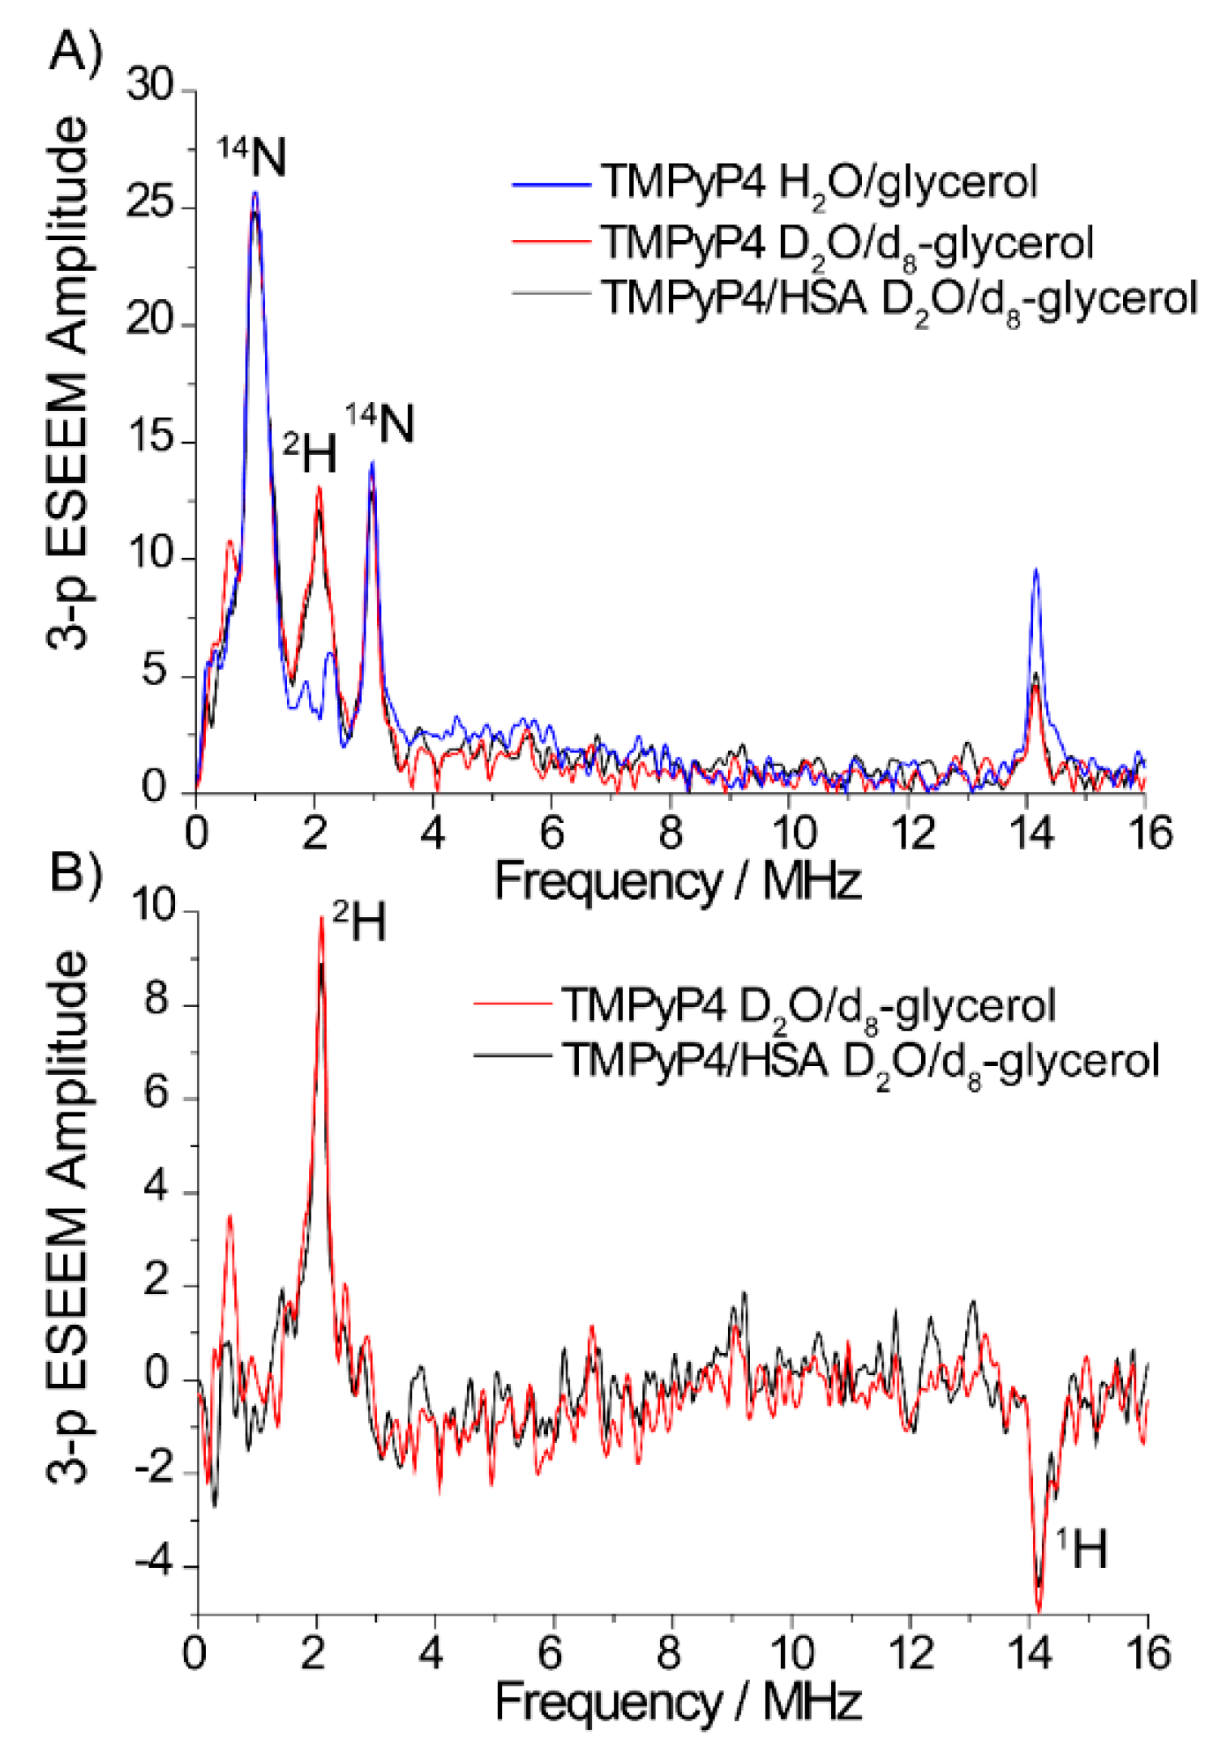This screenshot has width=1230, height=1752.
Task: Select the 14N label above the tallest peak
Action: click(252, 156)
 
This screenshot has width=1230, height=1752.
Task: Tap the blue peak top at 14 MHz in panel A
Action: click(1035, 570)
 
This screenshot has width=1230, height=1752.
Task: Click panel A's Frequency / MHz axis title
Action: click(677, 881)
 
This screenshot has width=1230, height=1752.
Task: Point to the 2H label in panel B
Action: click(359, 922)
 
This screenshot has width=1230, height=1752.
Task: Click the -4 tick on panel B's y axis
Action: click(154, 1562)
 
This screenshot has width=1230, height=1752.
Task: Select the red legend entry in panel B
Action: click(807, 1007)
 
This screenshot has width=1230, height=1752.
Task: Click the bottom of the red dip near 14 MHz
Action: click(1039, 1609)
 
